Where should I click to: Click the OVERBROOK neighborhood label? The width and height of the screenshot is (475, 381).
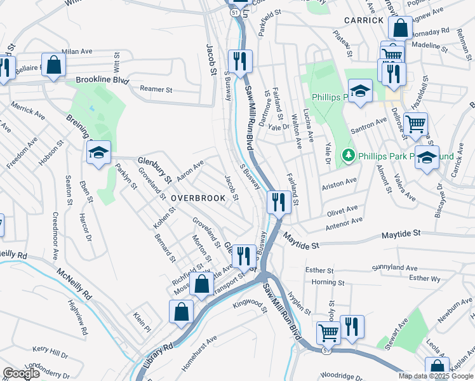coord(197,198)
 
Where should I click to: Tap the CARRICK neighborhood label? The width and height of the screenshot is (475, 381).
coord(364,20)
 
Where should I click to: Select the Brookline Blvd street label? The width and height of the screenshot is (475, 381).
coord(102,81)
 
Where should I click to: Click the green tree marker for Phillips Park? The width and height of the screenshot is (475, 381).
coord(347,155)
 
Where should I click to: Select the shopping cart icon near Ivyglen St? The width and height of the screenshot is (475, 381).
coord(328,332)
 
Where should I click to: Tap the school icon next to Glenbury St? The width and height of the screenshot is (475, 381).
coord(99,152)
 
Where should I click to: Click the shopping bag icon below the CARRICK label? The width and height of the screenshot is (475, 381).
coord(400,28)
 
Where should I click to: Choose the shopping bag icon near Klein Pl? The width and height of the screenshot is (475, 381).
coord(181,312)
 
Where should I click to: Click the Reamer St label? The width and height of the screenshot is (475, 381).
coord(156,90)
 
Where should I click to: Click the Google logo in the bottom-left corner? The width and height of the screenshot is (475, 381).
coord(22,373)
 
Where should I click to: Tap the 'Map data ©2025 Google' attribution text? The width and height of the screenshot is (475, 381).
coord(435,376)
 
